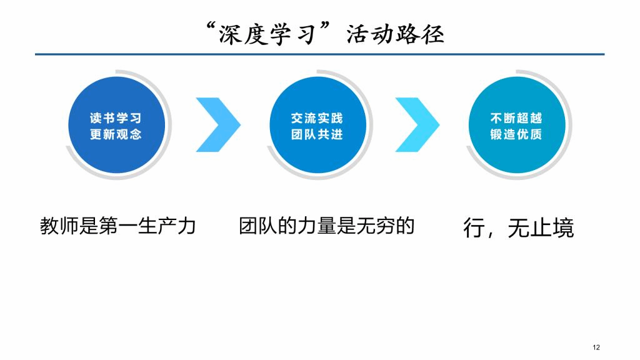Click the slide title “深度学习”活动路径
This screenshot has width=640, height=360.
[325, 34]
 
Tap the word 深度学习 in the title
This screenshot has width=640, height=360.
[268, 34]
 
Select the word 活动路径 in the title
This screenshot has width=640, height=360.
[396, 34]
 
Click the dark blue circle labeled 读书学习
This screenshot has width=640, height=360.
[117, 125]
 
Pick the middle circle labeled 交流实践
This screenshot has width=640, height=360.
[318, 125]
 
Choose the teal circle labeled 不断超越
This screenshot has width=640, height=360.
[517, 125]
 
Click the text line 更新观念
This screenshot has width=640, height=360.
[116, 134]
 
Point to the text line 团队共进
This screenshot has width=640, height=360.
[317, 134]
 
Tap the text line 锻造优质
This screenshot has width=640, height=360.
[516, 134]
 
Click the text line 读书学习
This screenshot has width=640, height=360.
[116, 118]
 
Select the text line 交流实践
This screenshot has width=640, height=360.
[317, 118]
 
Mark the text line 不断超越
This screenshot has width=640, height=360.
[516, 118]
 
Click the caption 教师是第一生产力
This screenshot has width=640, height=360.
[118, 226]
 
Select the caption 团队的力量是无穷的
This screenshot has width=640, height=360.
[326, 226]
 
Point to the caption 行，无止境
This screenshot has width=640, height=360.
[519, 227]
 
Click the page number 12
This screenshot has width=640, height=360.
[596, 347]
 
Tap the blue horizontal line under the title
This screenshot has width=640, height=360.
[319, 54]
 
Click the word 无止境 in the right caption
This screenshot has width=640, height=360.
[541, 227]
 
